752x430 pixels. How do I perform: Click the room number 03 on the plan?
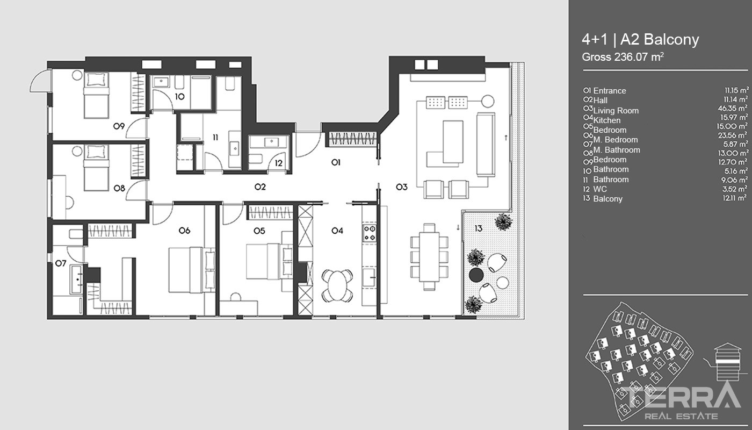pyautogui.click(x=402, y=187)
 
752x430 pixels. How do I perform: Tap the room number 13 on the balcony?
pyautogui.click(x=479, y=228)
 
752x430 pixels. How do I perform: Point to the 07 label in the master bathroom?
pyautogui.click(x=61, y=263)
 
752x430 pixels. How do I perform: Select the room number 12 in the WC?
pyautogui.click(x=279, y=163)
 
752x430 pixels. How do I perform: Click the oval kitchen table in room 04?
pyautogui.click(x=337, y=285)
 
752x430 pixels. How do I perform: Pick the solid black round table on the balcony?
pyautogui.click(x=476, y=275)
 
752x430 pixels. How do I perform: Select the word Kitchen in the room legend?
pyautogui.click(x=606, y=120)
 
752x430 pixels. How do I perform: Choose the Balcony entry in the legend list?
pyautogui.click(x=608, y=199)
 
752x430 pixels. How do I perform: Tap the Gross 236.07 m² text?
pyautogui.click(x=623, y=57)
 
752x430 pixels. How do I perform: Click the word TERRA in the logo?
pyautogui.click(x=678, y=397)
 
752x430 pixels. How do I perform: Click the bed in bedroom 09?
pyautogui.click(x=96, y=95)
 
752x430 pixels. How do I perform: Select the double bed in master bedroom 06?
pyautogui.click(x=192, y=270)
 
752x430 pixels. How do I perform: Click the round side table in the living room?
pyautogui.click(x=488, y=101)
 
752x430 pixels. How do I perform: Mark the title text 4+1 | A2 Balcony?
pyautogui.click(x=640, y=40)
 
